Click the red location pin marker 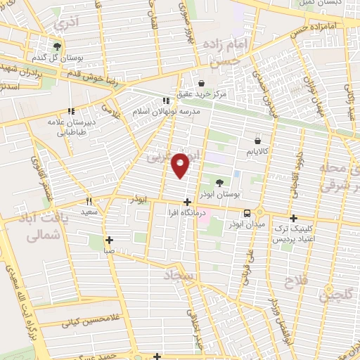point(182,164)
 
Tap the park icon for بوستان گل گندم point(58,47)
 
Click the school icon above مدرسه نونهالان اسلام point(166,101)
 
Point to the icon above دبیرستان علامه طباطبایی point(71,111)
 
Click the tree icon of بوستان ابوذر point(220,182)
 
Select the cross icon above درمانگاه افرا point(186,202)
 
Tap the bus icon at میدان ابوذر point(247,213)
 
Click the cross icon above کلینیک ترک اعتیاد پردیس point(294,218)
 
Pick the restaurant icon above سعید point(89,200)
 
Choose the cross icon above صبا point(110,239)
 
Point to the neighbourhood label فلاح point(292,282)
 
